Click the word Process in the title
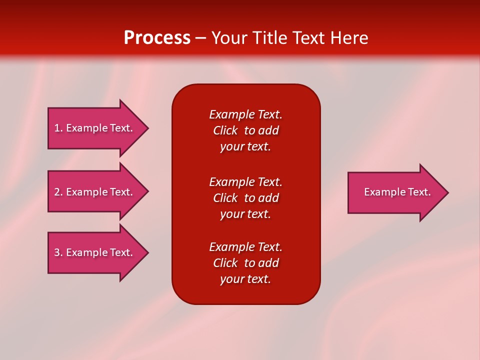(x=157, y=38)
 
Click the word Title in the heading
(x=269, y=38)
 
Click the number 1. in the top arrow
(x=58, y=128)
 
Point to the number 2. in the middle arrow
(x=58, y=192)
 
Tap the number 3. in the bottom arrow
(x=58, y=252)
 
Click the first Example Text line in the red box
(x=245, y=114)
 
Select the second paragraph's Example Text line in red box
(x=245, y=181)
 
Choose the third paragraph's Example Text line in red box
(x=245, y=247)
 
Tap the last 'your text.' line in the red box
(x=245, y=279)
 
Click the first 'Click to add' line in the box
(x=245, y=130)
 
